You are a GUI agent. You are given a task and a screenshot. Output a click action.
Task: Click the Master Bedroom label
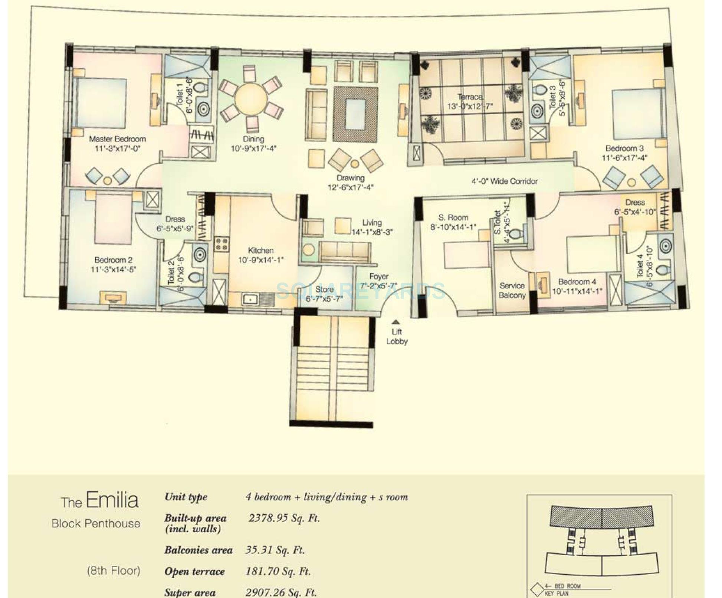coord(117,139)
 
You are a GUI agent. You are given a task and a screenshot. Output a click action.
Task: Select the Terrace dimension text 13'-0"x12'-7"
coord(470,107)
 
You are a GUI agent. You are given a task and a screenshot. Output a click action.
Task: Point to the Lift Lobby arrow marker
coord(396,322)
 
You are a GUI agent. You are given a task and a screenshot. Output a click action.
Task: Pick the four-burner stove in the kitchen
coord(222,245)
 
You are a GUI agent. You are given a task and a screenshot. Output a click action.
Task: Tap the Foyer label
coord(378,277)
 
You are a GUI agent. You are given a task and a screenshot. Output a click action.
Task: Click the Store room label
coord(324,289)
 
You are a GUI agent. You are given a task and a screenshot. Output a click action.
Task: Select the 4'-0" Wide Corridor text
coord(504,181)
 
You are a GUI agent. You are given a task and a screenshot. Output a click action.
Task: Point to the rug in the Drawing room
coord(355,114)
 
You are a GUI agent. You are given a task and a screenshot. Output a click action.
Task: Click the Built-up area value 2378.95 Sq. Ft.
coord(284,518)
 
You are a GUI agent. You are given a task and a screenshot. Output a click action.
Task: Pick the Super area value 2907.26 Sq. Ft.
coord(281,592)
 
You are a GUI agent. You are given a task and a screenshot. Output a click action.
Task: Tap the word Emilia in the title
coord(112,500)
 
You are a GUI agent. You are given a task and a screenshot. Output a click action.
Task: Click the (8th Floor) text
coord(114,571)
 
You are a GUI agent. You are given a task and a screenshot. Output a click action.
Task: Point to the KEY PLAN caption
coord(557,594)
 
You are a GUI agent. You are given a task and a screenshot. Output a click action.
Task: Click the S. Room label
coord(453,218)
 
